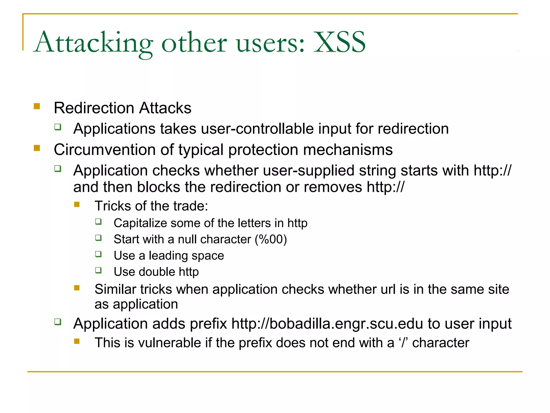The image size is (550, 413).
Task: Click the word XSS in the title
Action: point(339,42)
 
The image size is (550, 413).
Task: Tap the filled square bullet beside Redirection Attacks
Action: point(37,106)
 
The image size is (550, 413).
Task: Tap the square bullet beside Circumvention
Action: point(37,148)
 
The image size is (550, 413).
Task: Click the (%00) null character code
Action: point(271,239)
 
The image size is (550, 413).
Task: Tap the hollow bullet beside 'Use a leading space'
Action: point(99,254)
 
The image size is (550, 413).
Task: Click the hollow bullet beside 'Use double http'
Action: point(99,270)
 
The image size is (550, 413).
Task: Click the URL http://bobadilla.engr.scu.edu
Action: point(327,323)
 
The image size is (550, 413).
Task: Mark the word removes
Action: point(333,187)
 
